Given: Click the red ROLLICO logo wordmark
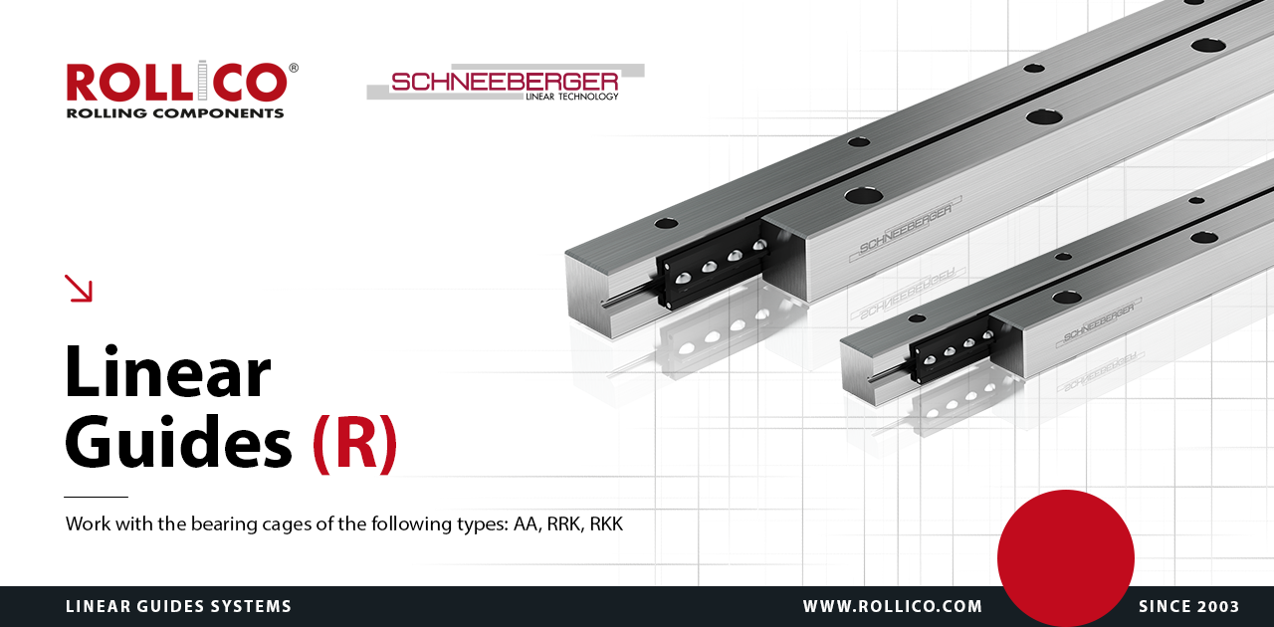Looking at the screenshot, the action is point(177,82).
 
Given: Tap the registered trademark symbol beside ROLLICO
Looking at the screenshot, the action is point(294,68).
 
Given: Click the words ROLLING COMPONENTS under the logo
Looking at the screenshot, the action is point(175,113).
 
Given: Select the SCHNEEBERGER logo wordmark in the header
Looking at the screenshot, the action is point(505,82).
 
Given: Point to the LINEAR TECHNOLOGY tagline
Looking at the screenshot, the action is point(571,97).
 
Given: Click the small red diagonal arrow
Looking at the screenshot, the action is point(79,288).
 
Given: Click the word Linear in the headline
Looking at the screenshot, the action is point(168,372).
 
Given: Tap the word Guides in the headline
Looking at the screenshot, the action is point(178,443).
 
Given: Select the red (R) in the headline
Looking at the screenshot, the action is point(355,444).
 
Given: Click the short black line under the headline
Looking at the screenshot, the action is point(97,497).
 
